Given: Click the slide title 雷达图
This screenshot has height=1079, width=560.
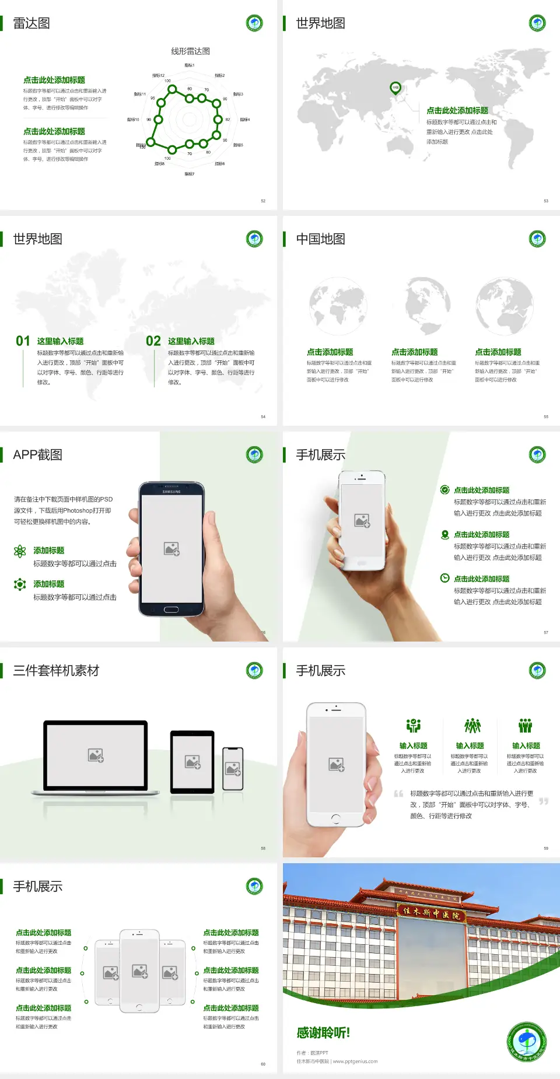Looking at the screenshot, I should [x=32, y=23].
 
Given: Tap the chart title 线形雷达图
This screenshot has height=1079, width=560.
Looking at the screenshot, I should [x=190, y=51].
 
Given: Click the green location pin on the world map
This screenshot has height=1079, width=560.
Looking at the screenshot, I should [x=395, y=87].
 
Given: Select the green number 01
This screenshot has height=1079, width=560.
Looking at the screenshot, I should [x=23, y=341].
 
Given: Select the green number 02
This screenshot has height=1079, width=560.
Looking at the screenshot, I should [x=153, y=341].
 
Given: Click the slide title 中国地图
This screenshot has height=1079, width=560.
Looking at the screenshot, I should [x=320, y=239].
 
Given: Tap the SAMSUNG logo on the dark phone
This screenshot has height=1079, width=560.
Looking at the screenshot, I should [x=171, y=492].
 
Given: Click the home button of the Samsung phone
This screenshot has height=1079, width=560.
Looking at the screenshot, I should [x=171, y=609].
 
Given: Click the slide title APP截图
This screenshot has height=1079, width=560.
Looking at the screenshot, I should [x=37, y=455].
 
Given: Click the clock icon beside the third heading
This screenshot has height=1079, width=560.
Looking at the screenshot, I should [x=444, y=578].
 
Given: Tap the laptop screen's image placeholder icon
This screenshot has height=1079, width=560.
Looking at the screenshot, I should [x=96, y=755].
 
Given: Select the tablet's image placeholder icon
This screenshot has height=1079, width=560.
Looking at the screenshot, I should [x=192, y=762].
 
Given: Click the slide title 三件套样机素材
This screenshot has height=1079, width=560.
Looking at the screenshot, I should [x=56, y=671].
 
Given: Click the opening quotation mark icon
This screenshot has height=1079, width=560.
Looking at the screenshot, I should [x=398, y=794].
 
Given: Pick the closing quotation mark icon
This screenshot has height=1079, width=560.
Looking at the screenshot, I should [x=544, y=801].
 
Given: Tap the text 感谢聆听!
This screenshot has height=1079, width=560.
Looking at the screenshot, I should [x=323, y=1033].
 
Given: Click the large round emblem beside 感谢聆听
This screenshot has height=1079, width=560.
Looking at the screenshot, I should [x=527, y=1042].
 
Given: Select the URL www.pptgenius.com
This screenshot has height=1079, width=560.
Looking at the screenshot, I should [x=355, y=1062].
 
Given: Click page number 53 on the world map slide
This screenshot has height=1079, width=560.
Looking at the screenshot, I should [x=546, y=201].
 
